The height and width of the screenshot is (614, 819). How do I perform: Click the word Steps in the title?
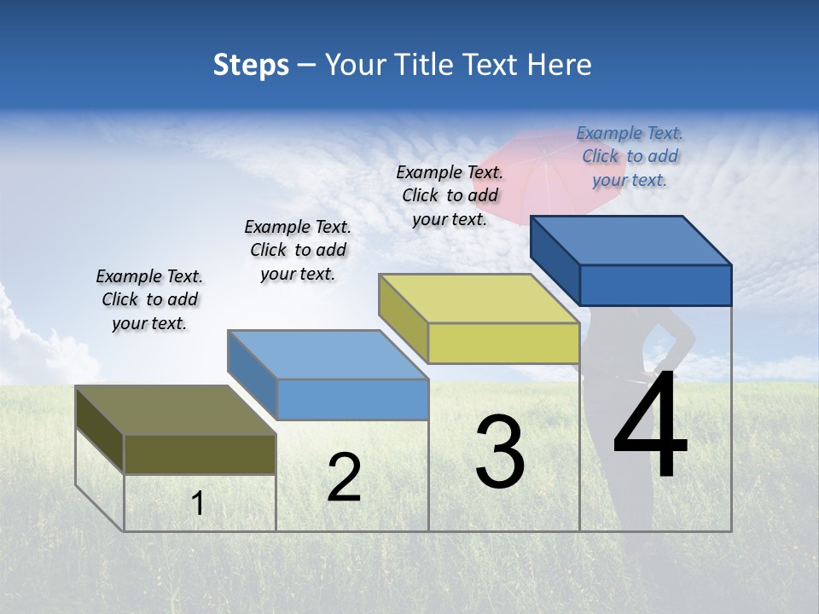pos(251,65)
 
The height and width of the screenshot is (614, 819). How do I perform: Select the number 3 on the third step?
pos(500,452)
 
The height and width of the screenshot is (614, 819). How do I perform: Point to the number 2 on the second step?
pos(344,478)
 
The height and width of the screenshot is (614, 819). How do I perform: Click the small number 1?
pos(198,504)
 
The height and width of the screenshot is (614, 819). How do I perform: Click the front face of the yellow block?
pos(503,344)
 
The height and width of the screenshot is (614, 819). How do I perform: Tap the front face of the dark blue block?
pos(655,285)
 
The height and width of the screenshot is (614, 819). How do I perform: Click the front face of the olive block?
pos(200,454)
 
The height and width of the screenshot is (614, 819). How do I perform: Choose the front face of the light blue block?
pos(352,399)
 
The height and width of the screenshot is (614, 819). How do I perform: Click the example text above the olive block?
pos(149,300)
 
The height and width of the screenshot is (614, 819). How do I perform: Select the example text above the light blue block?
pos(298,250)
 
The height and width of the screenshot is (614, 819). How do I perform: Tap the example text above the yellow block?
pos(450,195)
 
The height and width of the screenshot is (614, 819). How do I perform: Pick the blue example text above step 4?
pos(630,157)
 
